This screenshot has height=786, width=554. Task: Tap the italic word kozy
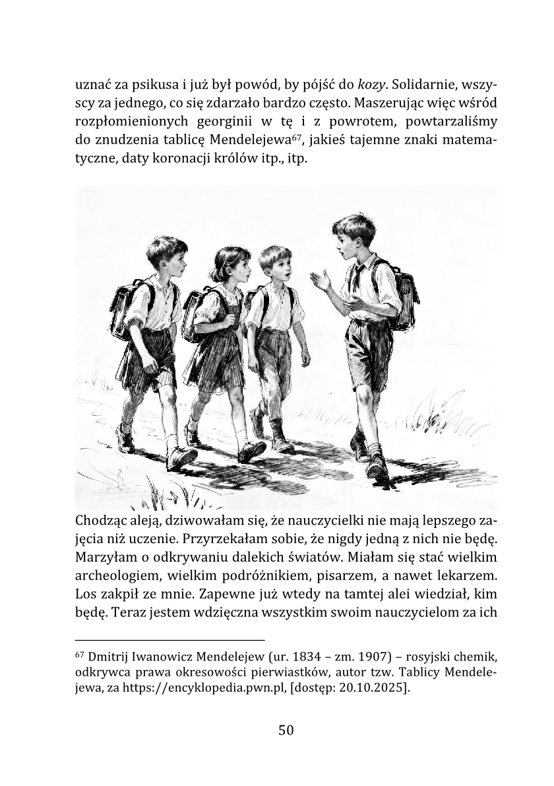[x=371, y=84]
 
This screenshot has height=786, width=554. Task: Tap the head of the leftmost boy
[x=165, y=257]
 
